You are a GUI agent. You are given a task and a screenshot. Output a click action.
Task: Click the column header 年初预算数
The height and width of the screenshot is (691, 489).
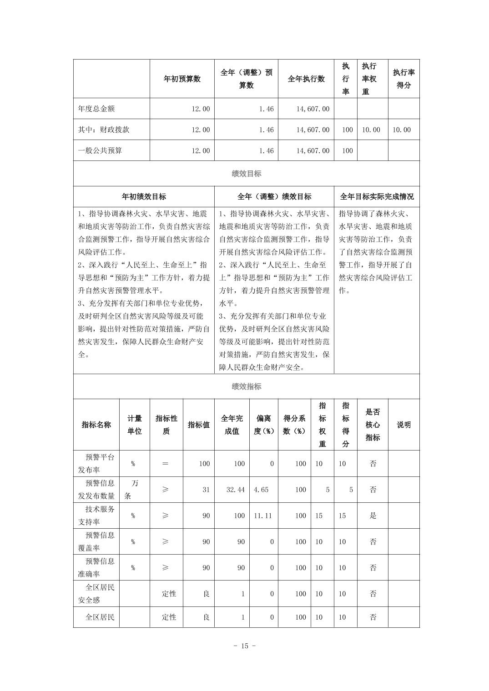(x=182, y=79)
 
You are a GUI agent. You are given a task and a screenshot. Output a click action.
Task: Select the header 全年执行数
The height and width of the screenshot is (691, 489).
(x=306, y=79)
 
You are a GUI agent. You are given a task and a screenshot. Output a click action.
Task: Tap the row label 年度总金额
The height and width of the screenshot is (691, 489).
(x=96, y=109)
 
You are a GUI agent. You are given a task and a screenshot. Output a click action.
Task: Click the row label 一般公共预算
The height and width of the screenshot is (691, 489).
(x=100, y=150)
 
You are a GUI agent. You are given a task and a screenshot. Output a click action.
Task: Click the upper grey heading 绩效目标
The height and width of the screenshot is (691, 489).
(x=246, y=174)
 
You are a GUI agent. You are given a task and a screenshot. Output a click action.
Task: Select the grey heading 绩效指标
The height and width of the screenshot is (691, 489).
(x=246, y=386)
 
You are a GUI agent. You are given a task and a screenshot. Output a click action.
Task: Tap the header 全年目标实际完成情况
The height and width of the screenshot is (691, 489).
(x=377, y=196)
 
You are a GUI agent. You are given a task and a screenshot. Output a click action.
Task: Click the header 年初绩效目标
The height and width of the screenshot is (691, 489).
(x=144, y=196)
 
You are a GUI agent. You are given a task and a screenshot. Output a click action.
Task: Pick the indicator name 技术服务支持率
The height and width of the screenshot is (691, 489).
(x=96, y=516)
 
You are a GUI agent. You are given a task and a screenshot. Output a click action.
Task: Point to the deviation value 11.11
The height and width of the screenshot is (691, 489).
(x=263, y=516)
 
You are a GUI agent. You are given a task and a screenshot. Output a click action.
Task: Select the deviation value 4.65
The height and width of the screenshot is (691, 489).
(x=261, y=490)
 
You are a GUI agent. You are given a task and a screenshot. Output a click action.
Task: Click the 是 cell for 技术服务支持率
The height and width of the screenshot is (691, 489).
(x=373, y=516)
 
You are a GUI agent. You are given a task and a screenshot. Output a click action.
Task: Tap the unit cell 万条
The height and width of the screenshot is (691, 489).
(x=134, y=490)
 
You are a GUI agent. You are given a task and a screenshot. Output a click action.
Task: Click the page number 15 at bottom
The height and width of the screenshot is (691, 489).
(x=245, y=646)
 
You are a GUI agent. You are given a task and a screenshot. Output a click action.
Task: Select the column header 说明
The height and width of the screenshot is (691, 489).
(x=403, y=425)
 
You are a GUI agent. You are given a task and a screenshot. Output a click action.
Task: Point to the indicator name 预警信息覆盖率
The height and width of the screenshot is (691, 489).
(x=96, y=541)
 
